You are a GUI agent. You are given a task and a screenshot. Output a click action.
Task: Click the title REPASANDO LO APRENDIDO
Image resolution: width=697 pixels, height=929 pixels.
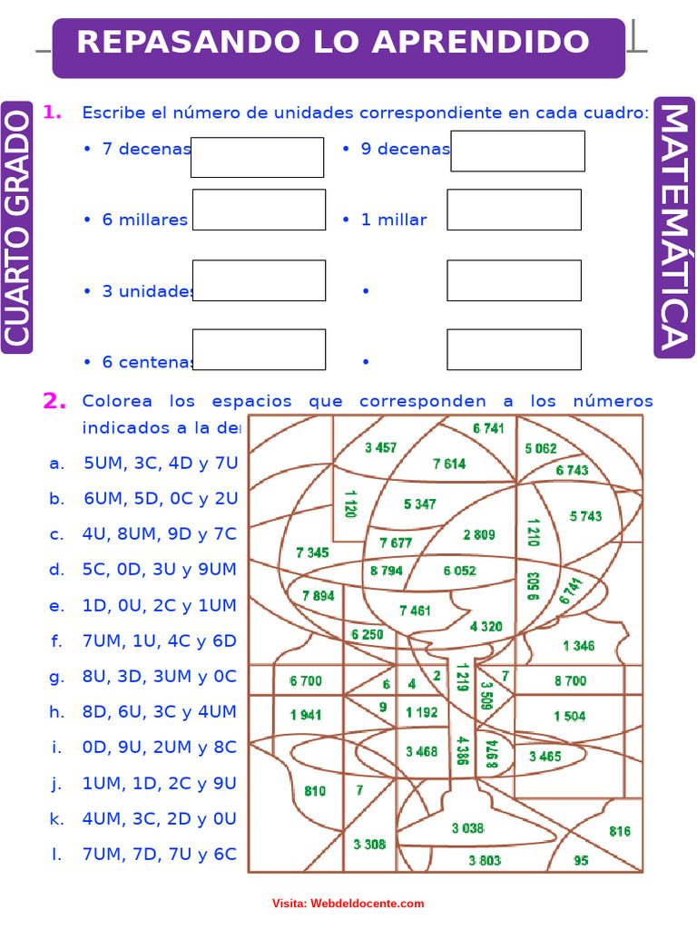(x=333, y=43)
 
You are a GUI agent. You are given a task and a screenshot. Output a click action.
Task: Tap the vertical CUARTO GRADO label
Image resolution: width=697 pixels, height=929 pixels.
(x=17, y=227)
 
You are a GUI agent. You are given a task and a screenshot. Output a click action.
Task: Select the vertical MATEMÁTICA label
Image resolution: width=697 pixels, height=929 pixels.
(x=672, y=227)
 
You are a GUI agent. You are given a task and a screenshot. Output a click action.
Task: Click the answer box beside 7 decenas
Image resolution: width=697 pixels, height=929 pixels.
(x=258, y=157)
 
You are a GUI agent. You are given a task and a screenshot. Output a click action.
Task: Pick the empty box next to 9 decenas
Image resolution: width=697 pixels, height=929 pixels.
(x=517, y=151)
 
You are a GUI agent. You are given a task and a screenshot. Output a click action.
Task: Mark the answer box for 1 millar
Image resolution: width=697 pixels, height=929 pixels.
(x=514, y=210)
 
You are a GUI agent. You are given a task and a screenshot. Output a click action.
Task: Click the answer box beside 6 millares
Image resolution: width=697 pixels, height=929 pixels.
(x=259, y=210)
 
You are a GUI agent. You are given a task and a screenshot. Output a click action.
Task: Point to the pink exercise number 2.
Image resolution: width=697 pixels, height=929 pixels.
(x=54, y=401)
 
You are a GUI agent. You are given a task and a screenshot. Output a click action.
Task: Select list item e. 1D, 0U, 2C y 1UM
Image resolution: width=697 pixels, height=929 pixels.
(x=143, y=605)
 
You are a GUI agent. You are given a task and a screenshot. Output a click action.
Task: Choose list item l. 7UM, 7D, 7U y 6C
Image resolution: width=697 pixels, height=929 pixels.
(x=143, y=854)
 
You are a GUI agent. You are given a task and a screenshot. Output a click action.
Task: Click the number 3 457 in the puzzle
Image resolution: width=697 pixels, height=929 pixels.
(x=381, y=447)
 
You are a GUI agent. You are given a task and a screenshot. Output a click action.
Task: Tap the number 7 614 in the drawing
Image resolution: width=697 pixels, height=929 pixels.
(x=449, y=464)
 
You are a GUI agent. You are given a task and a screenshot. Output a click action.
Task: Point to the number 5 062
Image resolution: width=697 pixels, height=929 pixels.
(x=541, y=448)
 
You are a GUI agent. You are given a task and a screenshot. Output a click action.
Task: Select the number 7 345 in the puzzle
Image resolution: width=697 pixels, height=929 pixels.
(x=312, y=552)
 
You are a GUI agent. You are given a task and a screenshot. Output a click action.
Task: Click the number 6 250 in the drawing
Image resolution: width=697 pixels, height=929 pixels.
(x=367, y=635)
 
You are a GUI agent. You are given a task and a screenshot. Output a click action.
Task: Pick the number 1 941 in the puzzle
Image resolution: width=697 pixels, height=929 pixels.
(x=306, y=715)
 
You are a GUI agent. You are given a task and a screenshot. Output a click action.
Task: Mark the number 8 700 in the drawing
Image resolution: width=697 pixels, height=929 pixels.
(x=570, y=680)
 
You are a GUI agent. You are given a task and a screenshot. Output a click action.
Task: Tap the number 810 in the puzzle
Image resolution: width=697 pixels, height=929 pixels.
(x=315, y=791)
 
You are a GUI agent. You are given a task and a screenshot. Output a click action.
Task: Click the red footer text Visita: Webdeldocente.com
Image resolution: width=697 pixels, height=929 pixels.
(x=348, y=904)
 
